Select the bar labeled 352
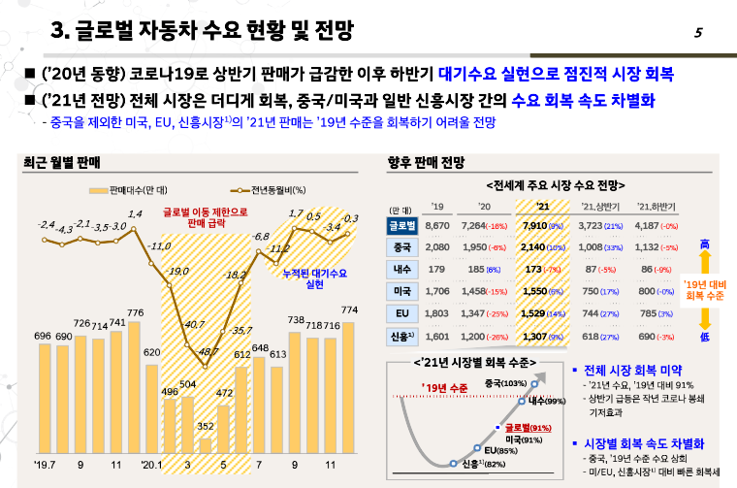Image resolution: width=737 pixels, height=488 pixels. click(206, 445)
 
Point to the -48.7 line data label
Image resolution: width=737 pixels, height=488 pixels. click(208, 349)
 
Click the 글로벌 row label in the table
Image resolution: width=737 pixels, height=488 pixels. click(401, 225)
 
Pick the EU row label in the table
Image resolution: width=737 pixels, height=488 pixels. click(401, 314)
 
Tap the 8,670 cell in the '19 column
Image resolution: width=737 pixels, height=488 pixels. click(438, 225)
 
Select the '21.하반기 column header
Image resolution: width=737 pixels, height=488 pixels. click(656, 207)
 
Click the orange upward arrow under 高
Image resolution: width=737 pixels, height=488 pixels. click(705, 263)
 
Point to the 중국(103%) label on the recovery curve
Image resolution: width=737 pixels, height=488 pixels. click(504, 383)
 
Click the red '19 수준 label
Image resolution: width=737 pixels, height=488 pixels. click(445, 388)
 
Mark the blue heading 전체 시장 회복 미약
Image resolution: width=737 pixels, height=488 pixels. click(635, 371)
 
